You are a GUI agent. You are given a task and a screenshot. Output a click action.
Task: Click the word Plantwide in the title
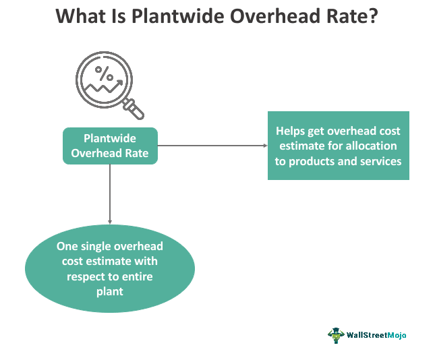coord(178,16)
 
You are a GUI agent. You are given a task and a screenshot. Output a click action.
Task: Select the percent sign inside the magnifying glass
coord(104,73)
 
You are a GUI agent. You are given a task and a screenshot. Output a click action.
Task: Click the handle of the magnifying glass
coord(134,109)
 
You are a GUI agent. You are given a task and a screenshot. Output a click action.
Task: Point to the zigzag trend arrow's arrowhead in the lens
coord(119,83)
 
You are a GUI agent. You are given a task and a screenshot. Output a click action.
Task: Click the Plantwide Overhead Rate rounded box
coord(110,146)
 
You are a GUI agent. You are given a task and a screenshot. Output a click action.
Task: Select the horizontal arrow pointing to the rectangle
coord(212,146)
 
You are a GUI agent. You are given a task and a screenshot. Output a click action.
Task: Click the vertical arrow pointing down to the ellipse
coord(110,194)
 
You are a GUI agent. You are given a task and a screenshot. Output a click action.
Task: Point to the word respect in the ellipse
coord(84,277)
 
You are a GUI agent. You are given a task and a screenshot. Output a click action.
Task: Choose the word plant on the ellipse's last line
coord(110,292)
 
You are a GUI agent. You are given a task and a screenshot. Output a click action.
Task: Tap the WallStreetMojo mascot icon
coord(336,336)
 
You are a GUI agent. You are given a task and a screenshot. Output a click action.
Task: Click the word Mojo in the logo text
coord(397,335)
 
